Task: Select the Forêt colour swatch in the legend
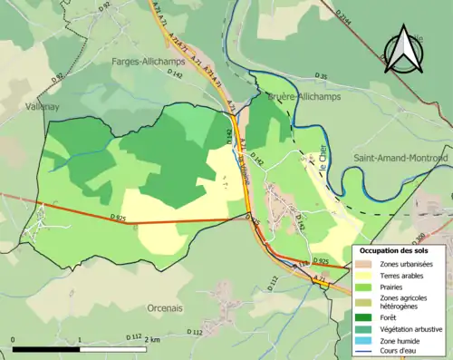(x=368, y=317)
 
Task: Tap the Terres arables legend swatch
(x=368, y=274)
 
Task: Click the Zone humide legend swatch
(x=368, y=340)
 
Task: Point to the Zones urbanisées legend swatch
(x=368, y=263)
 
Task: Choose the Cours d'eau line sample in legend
(x=368, y=351)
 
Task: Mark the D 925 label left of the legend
(x=320, y=261)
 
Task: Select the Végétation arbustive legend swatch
(x=368, y=329)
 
